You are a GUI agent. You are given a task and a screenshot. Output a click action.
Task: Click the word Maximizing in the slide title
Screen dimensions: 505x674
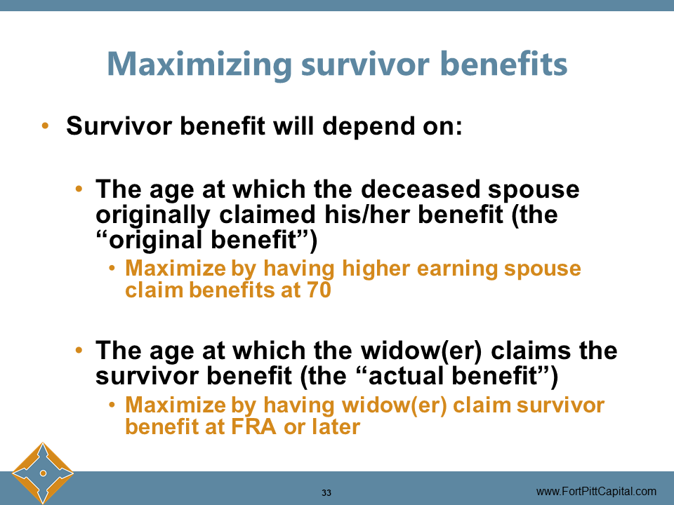click(199, 65)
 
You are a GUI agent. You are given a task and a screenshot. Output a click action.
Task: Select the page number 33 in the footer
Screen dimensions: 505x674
click(326, 492)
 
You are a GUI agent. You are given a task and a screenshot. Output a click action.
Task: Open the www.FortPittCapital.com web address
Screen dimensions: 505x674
click(596, 491)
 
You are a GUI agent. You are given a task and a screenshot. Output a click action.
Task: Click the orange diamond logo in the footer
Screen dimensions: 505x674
click(42, 473)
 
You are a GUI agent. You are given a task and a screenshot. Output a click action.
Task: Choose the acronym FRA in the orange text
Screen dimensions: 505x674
click(254, 426)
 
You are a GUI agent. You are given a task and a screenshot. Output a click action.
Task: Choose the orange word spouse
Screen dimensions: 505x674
click(546, 269)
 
